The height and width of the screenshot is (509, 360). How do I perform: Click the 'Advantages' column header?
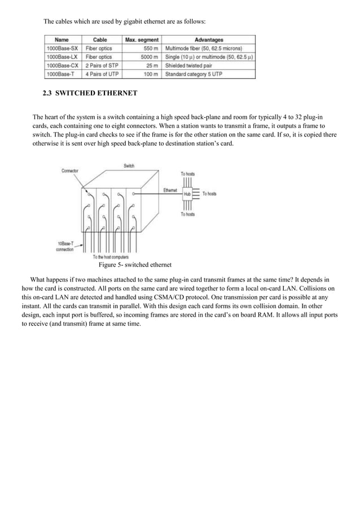point(208,40)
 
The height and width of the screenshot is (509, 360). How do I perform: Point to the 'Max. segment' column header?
point(142,40)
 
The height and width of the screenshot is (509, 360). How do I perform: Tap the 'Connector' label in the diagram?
point(70,170)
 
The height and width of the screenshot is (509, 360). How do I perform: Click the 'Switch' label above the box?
point(129,165)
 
